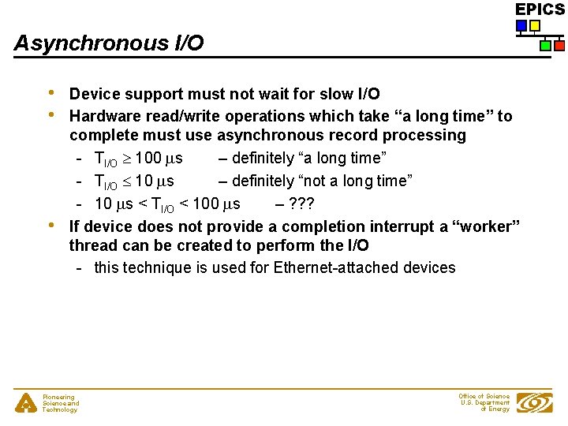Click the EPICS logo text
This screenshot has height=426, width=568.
[x=540, y=9]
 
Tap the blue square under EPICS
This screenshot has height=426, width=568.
[x=521, y=26]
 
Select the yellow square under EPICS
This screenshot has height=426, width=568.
[x=535, y=26]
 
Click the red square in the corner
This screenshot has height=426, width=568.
[x=559, y=46]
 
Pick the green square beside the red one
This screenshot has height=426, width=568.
[x=545, y=46]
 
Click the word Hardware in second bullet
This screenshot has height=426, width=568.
[x=104, y=117]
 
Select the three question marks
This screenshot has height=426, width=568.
[x=301, y=204]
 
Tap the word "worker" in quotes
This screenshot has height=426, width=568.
[x=486, y=226]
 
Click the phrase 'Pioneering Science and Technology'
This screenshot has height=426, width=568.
[x=60, y=403]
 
